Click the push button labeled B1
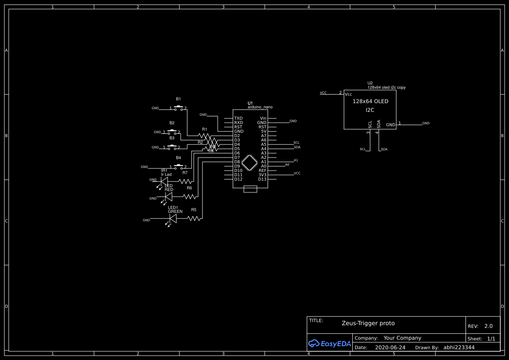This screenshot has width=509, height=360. pos(178,107)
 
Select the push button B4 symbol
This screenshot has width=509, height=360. pos(178,166)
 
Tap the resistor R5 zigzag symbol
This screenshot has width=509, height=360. pos(195,218)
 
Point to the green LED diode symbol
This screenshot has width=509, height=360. pos(173,219)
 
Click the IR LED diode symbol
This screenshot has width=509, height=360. pos(164,181)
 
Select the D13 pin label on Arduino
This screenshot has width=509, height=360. pos(262,179)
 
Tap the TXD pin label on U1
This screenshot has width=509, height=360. pos(238,118)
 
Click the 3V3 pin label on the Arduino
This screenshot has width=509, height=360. pos(262,175)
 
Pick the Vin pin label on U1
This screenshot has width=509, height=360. pos(263,118)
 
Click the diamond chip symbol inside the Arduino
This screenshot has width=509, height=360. pos(249,162)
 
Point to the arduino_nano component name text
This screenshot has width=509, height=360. pos(260,107)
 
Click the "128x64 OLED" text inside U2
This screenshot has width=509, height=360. pos(370,101)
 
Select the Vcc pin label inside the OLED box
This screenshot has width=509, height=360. pos(348,94)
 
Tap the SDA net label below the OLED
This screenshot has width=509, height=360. pos(384,149)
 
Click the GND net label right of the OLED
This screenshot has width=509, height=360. pos(425,123)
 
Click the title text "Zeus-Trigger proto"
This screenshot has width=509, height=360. pos(368,323)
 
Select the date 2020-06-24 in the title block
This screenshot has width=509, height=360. pos(390,347)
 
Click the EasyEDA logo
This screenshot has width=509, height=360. pos(329,343)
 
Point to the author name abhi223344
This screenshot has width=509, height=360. pos(459,347)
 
